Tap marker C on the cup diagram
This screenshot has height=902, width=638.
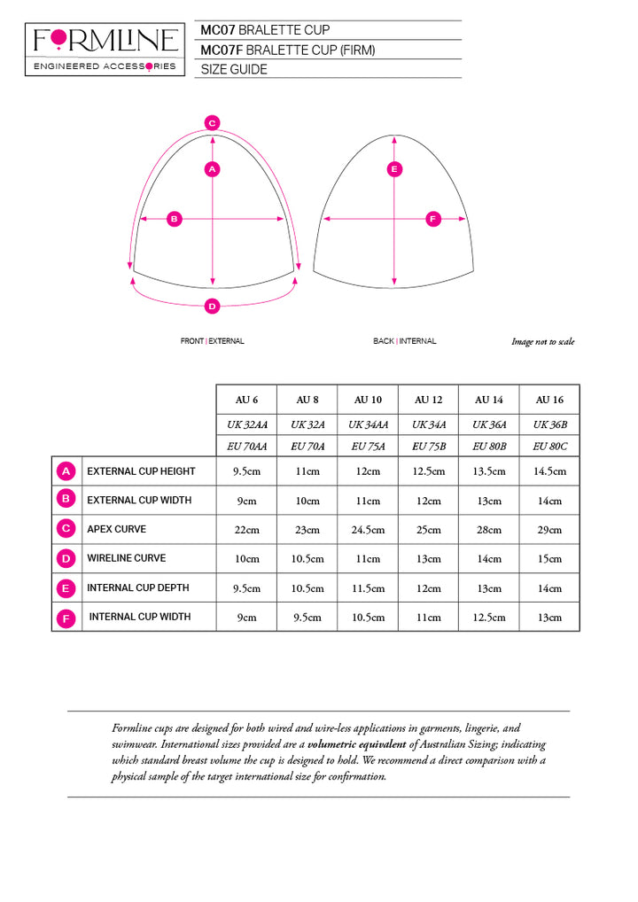coord(212,123)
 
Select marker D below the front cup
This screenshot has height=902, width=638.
coord(212,307)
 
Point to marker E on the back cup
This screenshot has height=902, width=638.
coord(394,168)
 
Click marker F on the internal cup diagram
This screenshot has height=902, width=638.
coord(433,218)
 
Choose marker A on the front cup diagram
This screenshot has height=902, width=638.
coord(212,168)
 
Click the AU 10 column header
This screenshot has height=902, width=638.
coord(368,399)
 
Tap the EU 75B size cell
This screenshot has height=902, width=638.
coord(428,447)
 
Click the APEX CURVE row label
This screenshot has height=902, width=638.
coord(116,529)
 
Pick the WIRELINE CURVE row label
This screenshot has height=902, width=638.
coord(126,558)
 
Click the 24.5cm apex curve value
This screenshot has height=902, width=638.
coord(368,530)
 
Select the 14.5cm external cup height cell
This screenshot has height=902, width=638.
coord(549,471)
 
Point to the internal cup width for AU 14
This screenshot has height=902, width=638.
coord(488,617)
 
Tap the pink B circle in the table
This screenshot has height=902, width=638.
coord(65,500)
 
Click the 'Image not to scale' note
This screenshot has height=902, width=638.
coord(542,342)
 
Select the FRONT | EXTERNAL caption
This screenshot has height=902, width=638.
coord(212,341)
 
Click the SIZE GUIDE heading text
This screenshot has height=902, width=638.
coord(234,69)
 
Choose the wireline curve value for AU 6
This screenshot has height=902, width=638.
coord(247,559)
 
